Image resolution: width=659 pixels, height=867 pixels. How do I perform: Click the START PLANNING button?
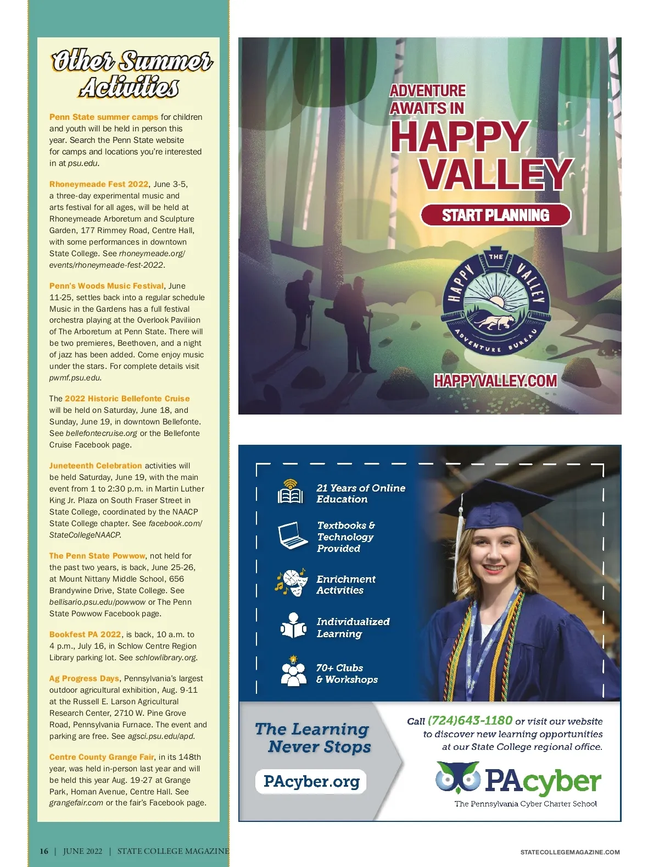click(495, 215)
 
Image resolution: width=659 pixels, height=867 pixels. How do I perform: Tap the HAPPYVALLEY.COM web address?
click(495, 380)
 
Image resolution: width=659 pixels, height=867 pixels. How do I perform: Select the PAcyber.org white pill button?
click(311, 781)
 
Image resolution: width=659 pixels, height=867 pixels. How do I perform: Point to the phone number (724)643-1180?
click(470, 720)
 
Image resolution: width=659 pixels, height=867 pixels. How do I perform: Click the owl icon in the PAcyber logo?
click(457, 776)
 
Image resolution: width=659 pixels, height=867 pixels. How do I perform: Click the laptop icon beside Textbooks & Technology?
click(292, 535)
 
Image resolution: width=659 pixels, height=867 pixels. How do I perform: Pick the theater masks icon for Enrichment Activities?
click(291, 583)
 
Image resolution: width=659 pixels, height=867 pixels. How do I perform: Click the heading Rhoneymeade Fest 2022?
click(99, 184)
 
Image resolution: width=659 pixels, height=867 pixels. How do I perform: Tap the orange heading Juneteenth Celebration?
click(96, 466)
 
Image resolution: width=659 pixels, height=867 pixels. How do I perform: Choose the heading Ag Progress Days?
click(84, 678)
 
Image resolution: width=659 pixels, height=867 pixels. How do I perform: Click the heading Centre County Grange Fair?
click(102, 757)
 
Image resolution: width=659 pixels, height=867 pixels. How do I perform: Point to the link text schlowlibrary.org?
click(166, 658)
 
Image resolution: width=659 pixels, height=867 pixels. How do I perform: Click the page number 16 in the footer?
click(44, 851)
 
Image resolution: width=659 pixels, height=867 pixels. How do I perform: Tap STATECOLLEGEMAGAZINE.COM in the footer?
click(569, 852)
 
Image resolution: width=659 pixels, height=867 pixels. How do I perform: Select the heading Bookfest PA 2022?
click(85, 634)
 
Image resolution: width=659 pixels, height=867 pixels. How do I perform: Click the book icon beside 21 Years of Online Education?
click(290, 492)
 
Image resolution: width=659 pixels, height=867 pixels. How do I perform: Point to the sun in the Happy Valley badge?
click(497, 302)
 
